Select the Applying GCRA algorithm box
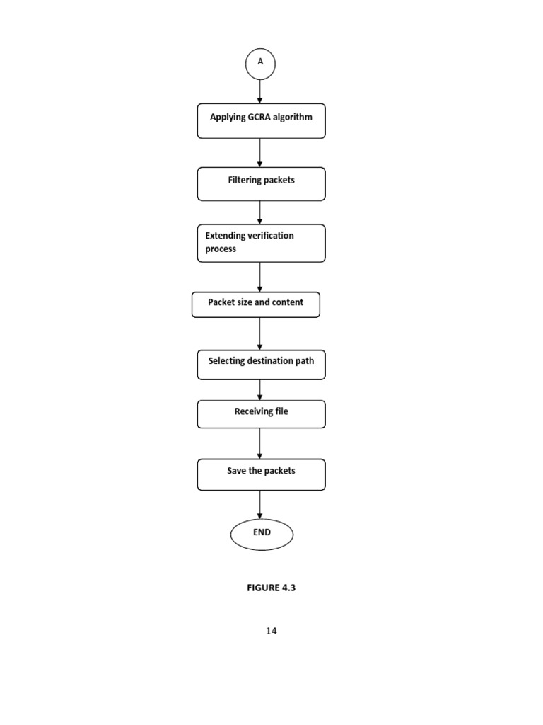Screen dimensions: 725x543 tap(261, 121)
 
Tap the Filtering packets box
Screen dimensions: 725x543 tap(261, 184)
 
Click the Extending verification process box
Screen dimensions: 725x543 tap(261, 243)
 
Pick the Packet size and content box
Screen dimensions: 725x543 tap(255, 304)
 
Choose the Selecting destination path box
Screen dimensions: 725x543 tap(261, 365)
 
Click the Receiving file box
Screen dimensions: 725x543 tap(261, 414)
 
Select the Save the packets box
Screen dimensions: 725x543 tap(261, 474)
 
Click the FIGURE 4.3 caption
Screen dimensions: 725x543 tap(271, 588)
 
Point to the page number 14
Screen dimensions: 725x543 tap(271, 631)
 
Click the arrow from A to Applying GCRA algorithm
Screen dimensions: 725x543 tap(260, 91)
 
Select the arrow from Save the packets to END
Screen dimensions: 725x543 tap(260, 505)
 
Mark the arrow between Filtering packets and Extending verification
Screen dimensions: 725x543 tap(260, 212)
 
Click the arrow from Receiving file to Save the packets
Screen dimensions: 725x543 tap(260, 443)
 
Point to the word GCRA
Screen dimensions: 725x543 tap(260, 117)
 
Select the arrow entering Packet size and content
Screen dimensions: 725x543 tap(260, 278)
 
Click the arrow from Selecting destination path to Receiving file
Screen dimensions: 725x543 tap(260, 390)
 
